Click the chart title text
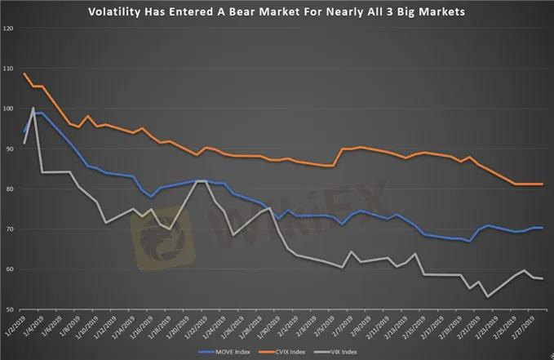click(x=276, y=11)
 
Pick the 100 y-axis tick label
click(x=9, y=109)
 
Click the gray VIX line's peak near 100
click(x=33, y=108)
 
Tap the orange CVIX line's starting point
click(x=24, y=74)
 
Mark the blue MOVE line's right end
click(x=543, y=228)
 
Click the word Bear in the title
click(x=269, y=11)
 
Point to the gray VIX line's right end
click(x=543, y=279)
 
